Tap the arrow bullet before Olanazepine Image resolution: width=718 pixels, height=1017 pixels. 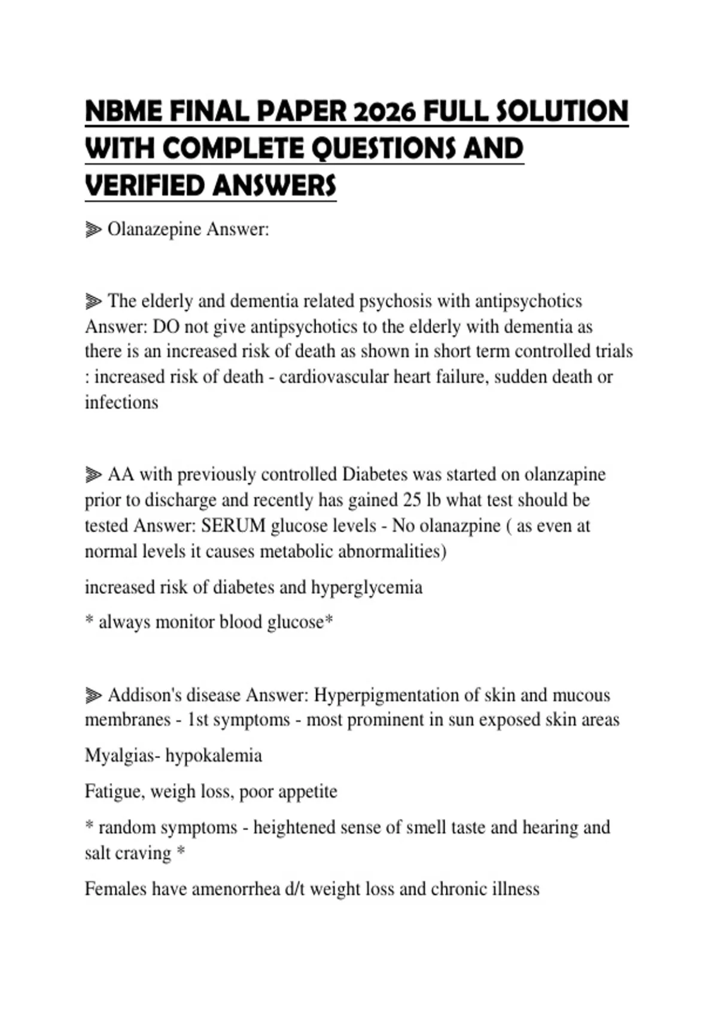click(93, 229)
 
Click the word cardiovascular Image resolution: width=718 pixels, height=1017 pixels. click(333, 377)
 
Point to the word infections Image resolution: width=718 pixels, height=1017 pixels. click(121, 403)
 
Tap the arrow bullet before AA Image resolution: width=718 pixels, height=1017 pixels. click(93, 475)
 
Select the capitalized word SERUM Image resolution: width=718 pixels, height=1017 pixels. click(233, 526)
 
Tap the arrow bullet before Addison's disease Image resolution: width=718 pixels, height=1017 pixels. click(93, 696)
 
